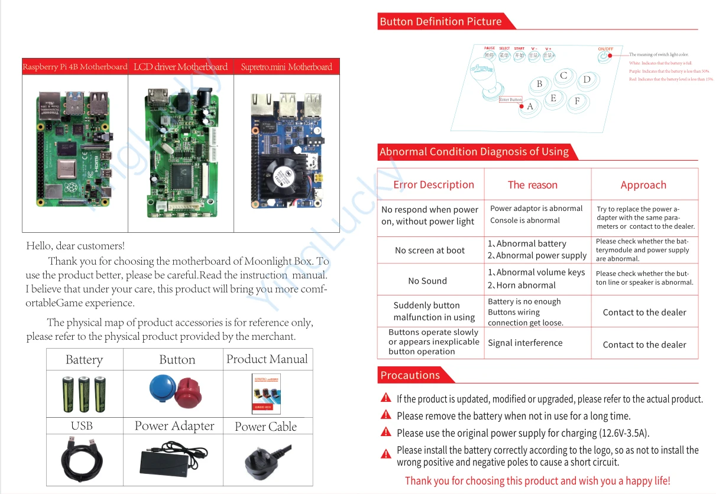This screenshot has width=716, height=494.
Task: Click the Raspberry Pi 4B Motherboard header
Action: (75, 67)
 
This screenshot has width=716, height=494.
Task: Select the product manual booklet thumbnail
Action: (266, 394)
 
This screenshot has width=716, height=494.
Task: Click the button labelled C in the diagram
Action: (563, 76)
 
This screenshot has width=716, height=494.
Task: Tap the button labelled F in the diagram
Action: (577, 101)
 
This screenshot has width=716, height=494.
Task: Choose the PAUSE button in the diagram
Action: (489, 56)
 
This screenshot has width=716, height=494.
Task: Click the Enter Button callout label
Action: (511, 100)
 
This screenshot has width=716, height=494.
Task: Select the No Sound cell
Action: (427, 281)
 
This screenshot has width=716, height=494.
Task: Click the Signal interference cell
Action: (525, 343)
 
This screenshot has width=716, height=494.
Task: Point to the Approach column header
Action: (643, 185)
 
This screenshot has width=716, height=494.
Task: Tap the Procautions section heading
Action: (410, 375)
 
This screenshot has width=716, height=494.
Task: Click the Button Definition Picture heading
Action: (440, 22)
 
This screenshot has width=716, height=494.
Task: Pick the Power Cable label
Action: (265, 427)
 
